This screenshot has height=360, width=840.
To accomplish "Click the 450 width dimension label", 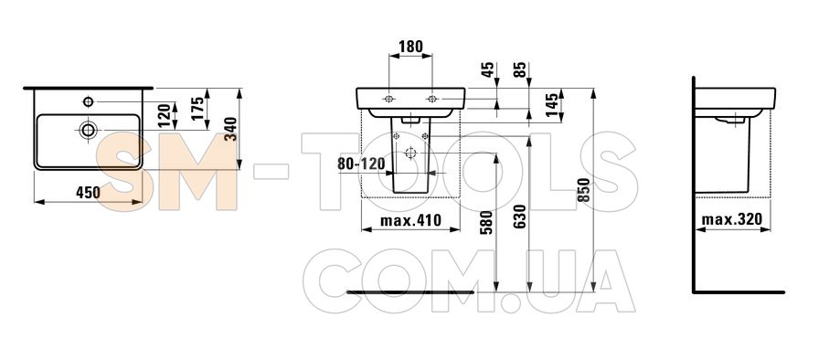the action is point(88,193).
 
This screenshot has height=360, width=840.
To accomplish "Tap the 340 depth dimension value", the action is point(231,129).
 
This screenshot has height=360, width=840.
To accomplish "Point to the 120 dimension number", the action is point(165,114).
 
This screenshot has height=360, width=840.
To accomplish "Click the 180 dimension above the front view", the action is point(411,46).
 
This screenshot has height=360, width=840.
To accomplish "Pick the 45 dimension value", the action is point(487,70).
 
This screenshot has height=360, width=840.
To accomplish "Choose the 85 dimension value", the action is point(520,70).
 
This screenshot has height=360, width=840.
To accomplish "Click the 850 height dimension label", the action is point(585,189).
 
